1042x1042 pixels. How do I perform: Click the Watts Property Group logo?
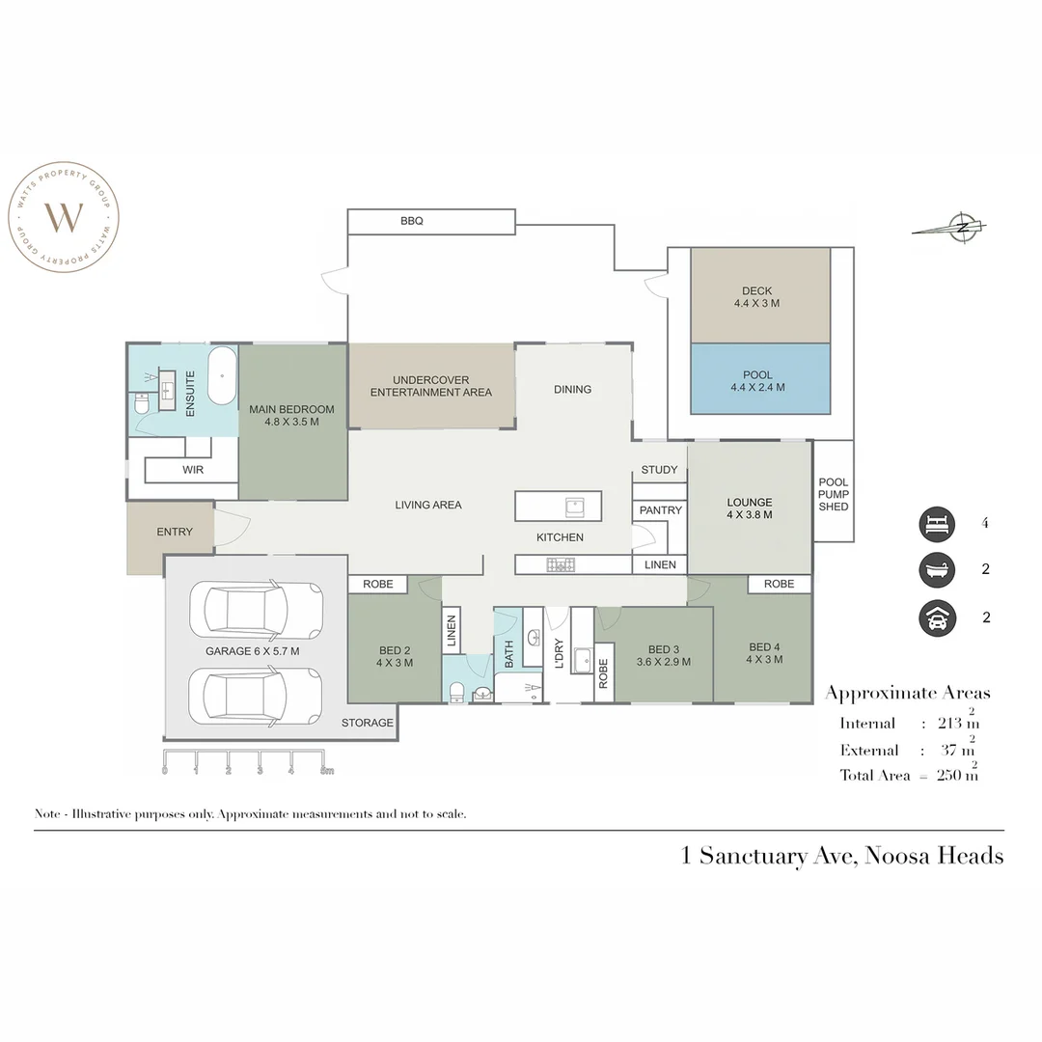point(64,217)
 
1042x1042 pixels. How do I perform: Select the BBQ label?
point(412,221)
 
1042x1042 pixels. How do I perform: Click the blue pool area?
point(760,379)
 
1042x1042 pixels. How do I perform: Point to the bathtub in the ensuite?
point(223,376)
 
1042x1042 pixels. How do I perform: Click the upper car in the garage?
point(256,610)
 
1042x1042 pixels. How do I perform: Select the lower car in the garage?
point(256,695)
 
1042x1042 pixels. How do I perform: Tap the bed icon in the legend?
point(936,524)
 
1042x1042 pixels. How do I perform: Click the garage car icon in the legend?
point(936,617)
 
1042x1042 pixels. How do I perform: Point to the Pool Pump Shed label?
point(833,494)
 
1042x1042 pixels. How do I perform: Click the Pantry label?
point(660,510)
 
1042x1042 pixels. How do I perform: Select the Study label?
point(659,470)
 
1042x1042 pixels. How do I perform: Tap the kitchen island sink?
point(573,505)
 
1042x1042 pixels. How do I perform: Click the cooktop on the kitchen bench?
point(560,564)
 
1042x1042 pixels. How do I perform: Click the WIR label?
point(192,470)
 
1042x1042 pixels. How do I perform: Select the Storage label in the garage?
point(368,723)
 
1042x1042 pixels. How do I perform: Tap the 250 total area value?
point(950,775)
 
